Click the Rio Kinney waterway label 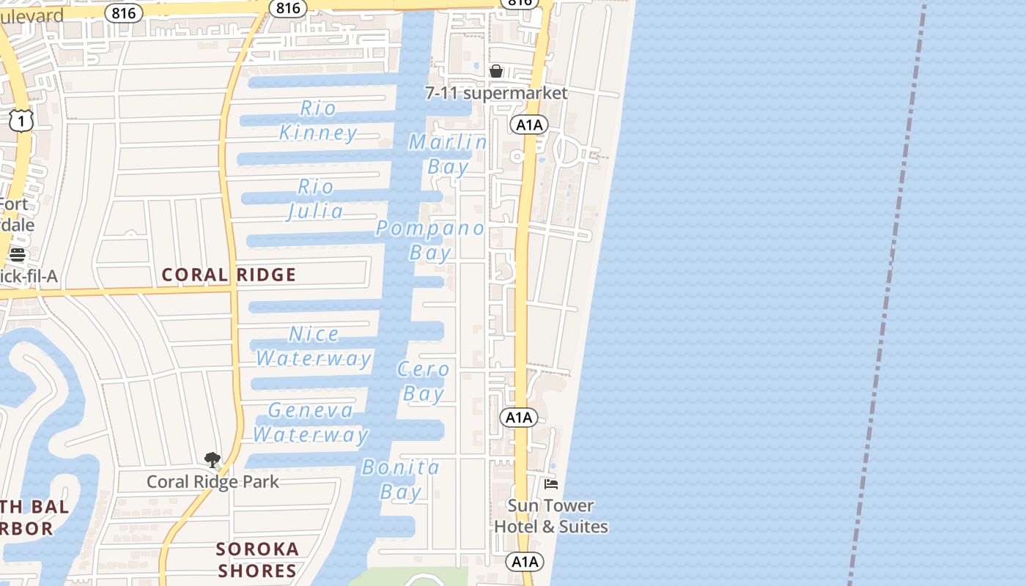pos(318,121)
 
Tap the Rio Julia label pos(315,199)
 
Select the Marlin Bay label pos(448,155)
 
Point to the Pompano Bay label pos(430,240)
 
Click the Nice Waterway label pos(314,346)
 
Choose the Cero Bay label pos(424,382)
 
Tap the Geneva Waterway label pos(311,423)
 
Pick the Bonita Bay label pos(401,479)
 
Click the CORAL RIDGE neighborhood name pos(229,275)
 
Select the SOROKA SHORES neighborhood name pos(257,560)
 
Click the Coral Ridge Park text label pos(213,482)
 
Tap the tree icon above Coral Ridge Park pos(213,460)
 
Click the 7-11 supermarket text pos(496,93)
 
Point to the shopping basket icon pos(496,71)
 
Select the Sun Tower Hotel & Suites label pos(550,516)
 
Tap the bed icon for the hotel pos(551,483)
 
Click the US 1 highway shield pos(21,121)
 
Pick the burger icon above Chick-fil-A pos(18,255)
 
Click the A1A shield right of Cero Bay pos(519,418)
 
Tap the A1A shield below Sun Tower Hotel pos(525,562)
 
